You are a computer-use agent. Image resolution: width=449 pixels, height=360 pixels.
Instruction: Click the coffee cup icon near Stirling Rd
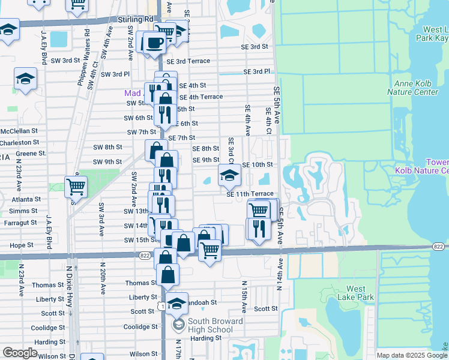155,43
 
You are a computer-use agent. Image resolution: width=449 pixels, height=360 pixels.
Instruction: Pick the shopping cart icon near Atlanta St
76,187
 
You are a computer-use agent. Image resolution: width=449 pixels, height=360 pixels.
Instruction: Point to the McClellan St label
19,130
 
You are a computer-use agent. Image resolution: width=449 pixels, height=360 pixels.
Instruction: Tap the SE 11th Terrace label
250,194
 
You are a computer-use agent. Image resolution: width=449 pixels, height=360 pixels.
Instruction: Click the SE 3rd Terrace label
188,61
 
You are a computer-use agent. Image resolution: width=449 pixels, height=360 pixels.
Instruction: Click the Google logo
20,353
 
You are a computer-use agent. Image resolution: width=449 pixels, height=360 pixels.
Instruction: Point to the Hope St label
22,245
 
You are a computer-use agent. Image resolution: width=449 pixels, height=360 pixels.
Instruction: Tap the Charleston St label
19,143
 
